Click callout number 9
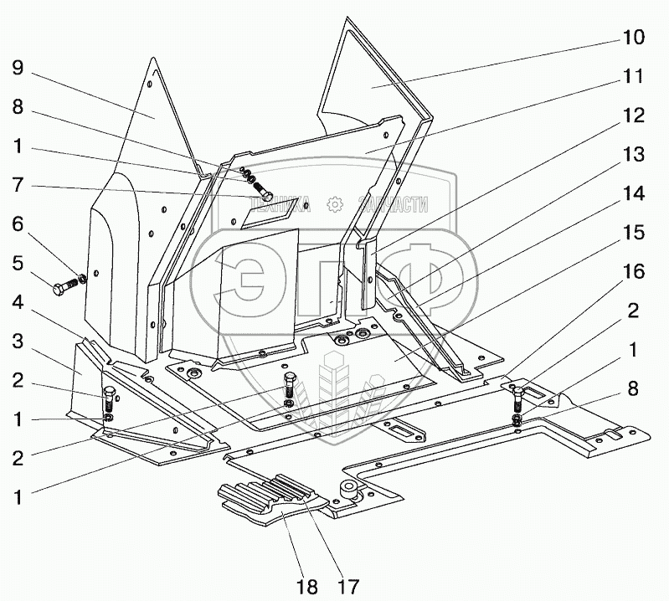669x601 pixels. [18, 67]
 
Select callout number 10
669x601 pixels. [632, 38]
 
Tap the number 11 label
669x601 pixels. [632, 76]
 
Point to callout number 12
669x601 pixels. [632, 116]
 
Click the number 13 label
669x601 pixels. [632, 154]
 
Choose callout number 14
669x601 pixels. [632, 194]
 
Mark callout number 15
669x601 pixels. [632, 232]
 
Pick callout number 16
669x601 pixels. [632, 271]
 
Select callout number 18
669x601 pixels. [306, 586]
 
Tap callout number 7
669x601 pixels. [18, 186]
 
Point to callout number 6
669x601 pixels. [18, 225]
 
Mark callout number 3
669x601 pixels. [18, 342]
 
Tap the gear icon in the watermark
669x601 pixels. [334, 203]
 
